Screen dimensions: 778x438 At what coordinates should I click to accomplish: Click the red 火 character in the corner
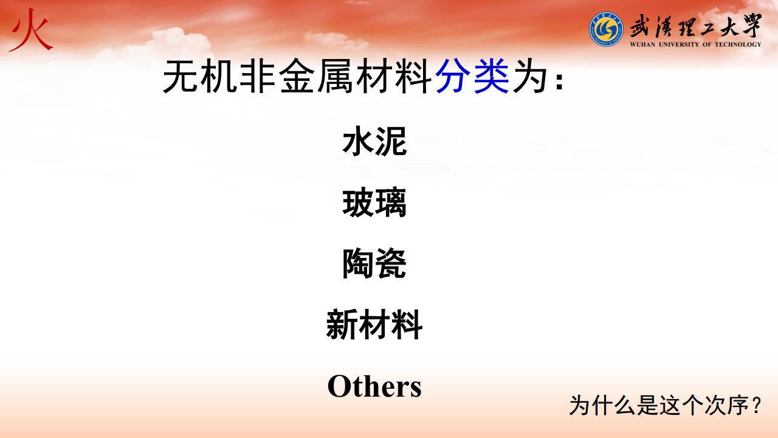[31, 30]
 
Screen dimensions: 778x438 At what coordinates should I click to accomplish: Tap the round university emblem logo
[606, 29]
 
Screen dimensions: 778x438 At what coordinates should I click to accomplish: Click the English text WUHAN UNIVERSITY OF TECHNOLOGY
[696, 44]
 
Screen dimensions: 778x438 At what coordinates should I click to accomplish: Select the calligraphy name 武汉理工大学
[696, 26]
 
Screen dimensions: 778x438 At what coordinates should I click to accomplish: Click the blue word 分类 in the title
[472, 76]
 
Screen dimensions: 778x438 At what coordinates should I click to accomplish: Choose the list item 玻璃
[374, 203]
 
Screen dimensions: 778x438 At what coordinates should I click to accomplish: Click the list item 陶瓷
[374, 263]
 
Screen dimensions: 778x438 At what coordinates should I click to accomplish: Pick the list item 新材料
[374, 324]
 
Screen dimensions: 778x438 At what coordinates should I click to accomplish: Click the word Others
[374, 386]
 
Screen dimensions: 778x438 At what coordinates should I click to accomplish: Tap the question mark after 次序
[756, 405]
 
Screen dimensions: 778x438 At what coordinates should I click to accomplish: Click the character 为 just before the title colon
[530, 76]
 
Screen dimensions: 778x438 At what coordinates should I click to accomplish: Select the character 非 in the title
[258, 76]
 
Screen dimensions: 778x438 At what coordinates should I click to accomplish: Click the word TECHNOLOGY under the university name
[738, 44]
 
